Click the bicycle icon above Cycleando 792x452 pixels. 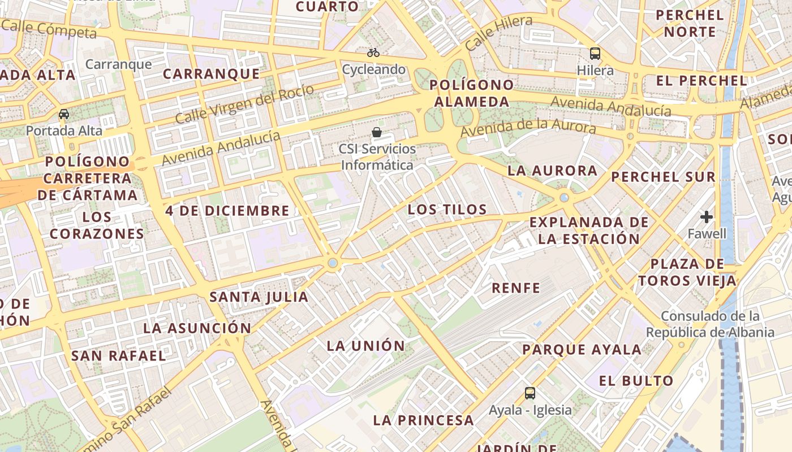pyautogui.click(x=373, y=53)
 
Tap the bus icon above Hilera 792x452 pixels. pyautogui.click(x=595, y=54)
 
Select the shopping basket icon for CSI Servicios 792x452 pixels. pyautogui.click(x=377, y=133)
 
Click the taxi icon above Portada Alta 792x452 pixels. pyautogui.click(x=64, y=114)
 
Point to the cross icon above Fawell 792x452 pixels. pyautogui.click(x=707, y=217)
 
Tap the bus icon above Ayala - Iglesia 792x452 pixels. pyautogui.click(x=530, y=393)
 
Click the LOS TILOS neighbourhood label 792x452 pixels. pyautogui.click(x=447, y=210)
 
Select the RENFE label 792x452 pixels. pyautogui.click(x=516, y=288)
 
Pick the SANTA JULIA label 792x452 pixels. pyautogui.click(x=259, y=297)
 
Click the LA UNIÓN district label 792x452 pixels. pyautogui.click(x=366, y=346)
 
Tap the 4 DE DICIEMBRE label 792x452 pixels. pyautogui.click(x=227, y=211)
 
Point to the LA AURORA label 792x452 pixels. pyautogui.click(x=552, y=171)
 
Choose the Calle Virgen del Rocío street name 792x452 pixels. pyautogui.click(x=244, y=105)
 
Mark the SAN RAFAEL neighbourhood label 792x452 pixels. pyautogui.click(x=119, y=356)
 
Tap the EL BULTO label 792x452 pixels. pyautogui.click(x=636, y=381)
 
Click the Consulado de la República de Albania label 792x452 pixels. pyautogui.click(x=710, y=324)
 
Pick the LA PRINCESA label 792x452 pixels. pyautogui.click(x=423, y=420)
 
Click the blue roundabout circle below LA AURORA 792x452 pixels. pyautogui.click(x=564, y=197)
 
